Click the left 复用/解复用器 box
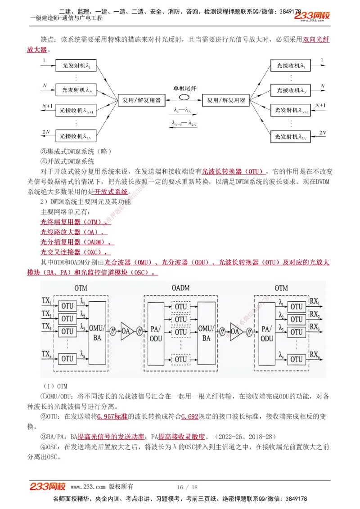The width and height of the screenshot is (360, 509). [x=139, y=100]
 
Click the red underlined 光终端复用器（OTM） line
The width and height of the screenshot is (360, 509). [x=71, y=222]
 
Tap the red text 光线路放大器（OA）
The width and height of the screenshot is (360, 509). [x=72, y=232]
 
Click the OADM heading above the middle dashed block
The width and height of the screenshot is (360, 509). [x=180, y=288]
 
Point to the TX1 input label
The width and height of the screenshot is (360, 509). [x=46, y=300]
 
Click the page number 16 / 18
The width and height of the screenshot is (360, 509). [x=187, y=487]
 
